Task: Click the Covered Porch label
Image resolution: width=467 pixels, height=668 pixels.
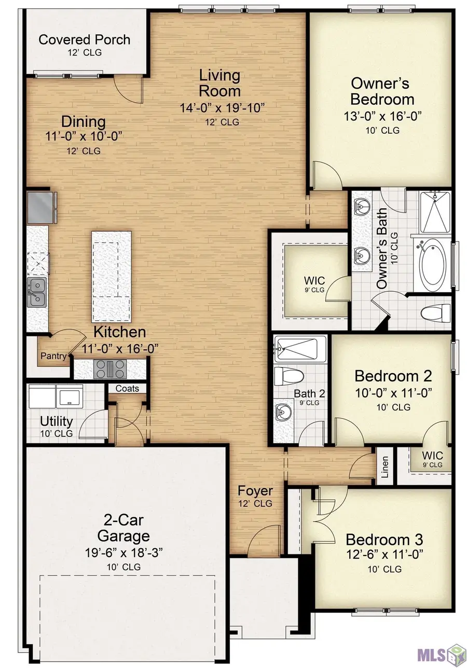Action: [x=85, y=40]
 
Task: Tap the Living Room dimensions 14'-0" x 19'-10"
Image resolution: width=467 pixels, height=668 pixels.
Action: [x=220, y=108]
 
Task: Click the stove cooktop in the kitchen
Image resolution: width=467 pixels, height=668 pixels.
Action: [x=109, y=369]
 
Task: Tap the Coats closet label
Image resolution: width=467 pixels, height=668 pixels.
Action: [x=127, y=388]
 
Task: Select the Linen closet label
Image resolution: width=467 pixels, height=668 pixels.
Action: [x=384, y=469]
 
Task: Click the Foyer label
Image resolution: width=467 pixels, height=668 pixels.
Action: [x=255, y=490]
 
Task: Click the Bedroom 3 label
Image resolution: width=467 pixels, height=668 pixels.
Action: [x=384, y=538]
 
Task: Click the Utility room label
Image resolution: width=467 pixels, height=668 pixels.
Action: [x=56, y=421]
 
